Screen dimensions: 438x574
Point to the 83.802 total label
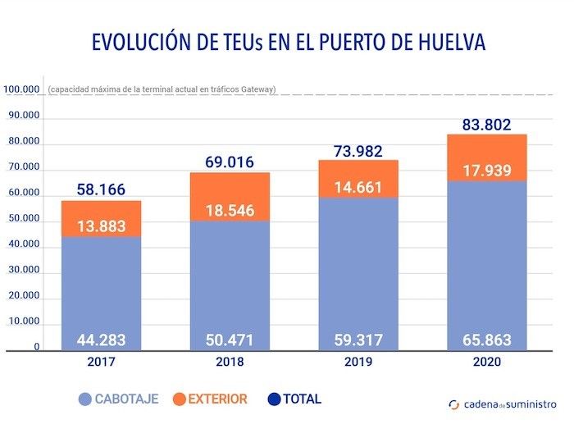pos(485,125)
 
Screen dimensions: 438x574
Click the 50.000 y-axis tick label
pos(23,219)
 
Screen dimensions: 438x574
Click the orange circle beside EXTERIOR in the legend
pos(180,400)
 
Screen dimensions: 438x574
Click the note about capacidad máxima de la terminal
pos(162,89)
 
